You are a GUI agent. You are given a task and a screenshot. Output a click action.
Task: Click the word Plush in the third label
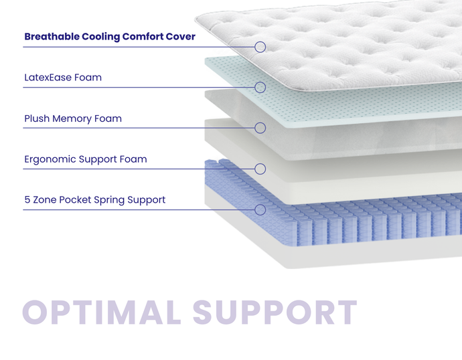point(37,119)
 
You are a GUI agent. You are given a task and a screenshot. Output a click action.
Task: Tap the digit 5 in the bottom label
point(27,200)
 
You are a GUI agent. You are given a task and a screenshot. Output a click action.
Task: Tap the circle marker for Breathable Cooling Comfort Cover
point(260,47)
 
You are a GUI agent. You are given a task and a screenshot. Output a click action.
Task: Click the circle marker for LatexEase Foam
point(260,87)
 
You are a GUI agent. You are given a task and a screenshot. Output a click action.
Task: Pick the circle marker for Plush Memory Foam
point(260,128)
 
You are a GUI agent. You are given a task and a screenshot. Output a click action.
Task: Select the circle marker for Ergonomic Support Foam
point(260,169)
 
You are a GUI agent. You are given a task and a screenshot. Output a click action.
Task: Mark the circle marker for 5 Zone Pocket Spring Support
point(260,209)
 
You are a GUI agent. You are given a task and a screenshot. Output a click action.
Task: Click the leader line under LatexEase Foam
point(134,87)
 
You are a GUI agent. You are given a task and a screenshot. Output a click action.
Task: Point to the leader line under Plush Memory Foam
point(134,128)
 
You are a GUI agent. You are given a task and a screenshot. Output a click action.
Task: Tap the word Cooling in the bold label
point(100,37)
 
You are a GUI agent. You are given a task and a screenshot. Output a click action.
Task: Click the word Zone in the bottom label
point(45,200)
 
